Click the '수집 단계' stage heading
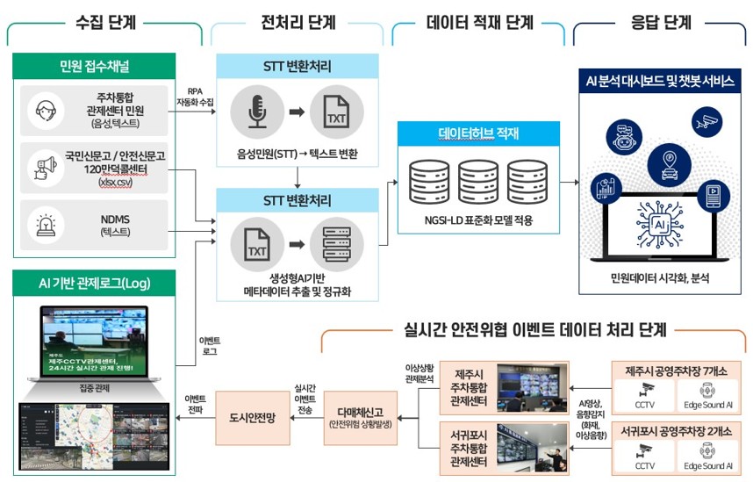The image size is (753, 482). tap(104, 22)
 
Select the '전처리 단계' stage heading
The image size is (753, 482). tap(298, 22)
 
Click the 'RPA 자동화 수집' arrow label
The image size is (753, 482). tap(195, 96)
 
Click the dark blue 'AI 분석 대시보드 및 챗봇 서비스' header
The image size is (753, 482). tap(660, 81)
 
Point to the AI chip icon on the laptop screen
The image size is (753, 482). tap(659, 224)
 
